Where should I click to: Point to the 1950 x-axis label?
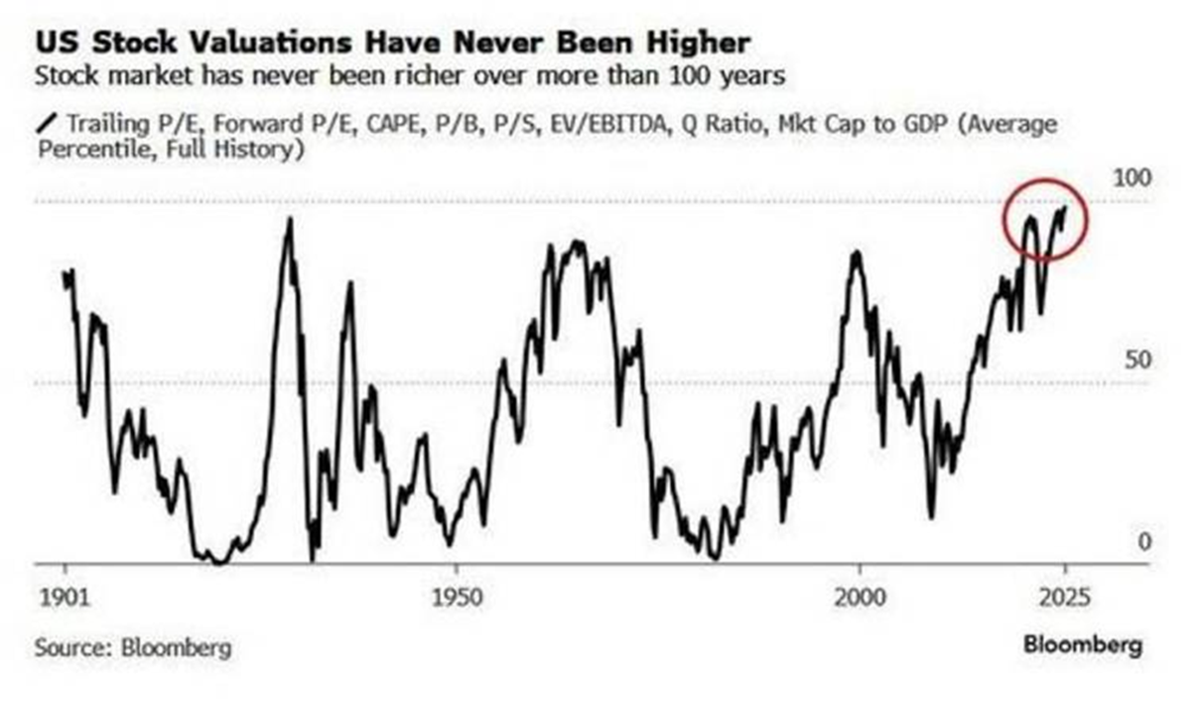tap(456, 599)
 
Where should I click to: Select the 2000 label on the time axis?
tap(859, 599)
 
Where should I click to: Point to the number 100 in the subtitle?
tap(706, 74)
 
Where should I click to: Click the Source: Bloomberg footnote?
tap(133, 647)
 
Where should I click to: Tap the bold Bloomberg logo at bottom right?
tap(1083, 644)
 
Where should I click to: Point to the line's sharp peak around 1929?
tap(289, 219)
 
